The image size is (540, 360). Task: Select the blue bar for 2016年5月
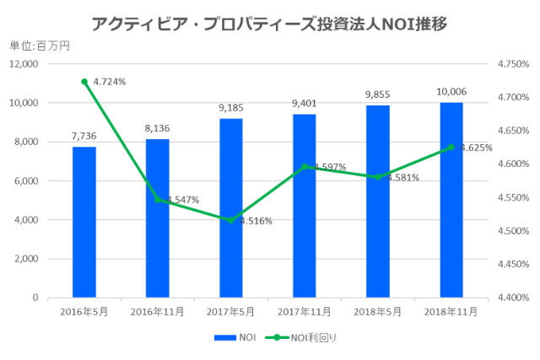(x=84, y=223)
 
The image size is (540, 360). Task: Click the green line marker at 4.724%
(x=84, y=82)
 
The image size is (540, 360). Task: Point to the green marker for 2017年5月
(x=230, y=220)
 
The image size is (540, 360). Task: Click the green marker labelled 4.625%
(x=451, y=148)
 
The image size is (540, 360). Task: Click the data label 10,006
(x=451, y=91)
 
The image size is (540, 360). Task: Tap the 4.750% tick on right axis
(x=513, y=64)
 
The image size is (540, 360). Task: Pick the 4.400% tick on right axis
(x=513, y=298)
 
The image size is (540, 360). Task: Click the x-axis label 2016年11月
(x=157, y=311)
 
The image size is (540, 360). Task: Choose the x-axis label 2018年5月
(x=377, y=311)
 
